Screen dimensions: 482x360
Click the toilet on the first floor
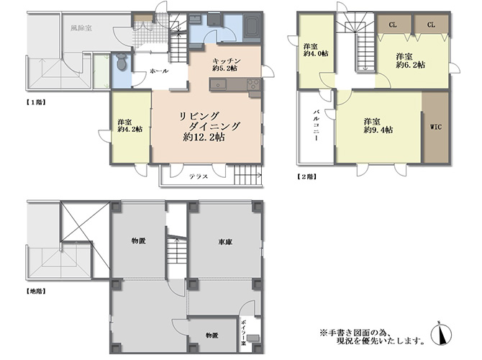coord(122,62)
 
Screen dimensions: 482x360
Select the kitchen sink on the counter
coord(218,84)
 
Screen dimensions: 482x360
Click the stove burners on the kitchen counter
coord(253,84)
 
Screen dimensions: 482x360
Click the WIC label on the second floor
coord(435,127)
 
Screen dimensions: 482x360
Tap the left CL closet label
coord(393,24)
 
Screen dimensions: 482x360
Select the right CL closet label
coord(431,24)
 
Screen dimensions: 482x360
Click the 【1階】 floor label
coord(36,102)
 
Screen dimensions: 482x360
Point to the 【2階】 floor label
coord(306,176)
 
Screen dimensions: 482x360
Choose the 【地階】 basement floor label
coord(36,291)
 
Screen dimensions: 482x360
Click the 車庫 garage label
coord(225,242)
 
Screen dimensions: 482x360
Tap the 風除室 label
coord(81,28)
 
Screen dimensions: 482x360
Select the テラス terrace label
coord(199,176)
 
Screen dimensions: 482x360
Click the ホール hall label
coord(159,71)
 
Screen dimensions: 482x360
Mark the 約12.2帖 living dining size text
coord(204,137)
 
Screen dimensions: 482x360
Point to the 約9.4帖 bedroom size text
coord(378,130)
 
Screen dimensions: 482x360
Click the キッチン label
coord(226,61)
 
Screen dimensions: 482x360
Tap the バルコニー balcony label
coord(316,125)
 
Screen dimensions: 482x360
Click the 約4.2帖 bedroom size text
coord(130,129)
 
